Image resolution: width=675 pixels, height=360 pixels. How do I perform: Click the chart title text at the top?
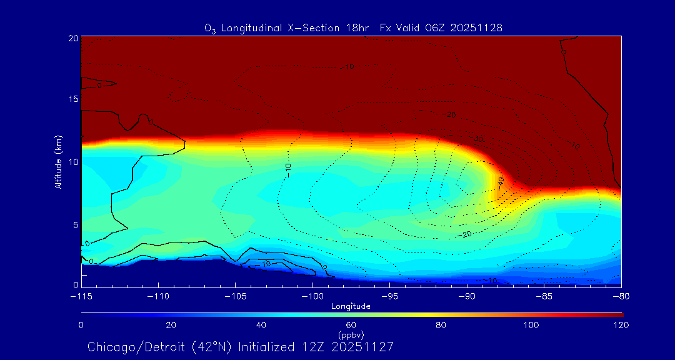point(354,28)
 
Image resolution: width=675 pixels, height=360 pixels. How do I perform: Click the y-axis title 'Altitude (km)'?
point(58,161)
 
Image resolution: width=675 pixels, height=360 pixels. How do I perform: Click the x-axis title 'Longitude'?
point(351,306)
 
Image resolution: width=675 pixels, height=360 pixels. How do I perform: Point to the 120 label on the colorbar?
point(621,325)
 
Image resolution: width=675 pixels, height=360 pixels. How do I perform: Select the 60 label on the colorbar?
point(351,325)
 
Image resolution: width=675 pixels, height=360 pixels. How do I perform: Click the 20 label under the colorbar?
point(171,325)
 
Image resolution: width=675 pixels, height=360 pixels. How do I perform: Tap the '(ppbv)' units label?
point(351,334)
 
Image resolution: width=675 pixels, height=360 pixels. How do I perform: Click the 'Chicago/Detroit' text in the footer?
point(129,346)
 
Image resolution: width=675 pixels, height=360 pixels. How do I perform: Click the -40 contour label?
point(500,181)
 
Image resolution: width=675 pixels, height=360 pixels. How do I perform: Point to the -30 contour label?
point(478,139)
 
